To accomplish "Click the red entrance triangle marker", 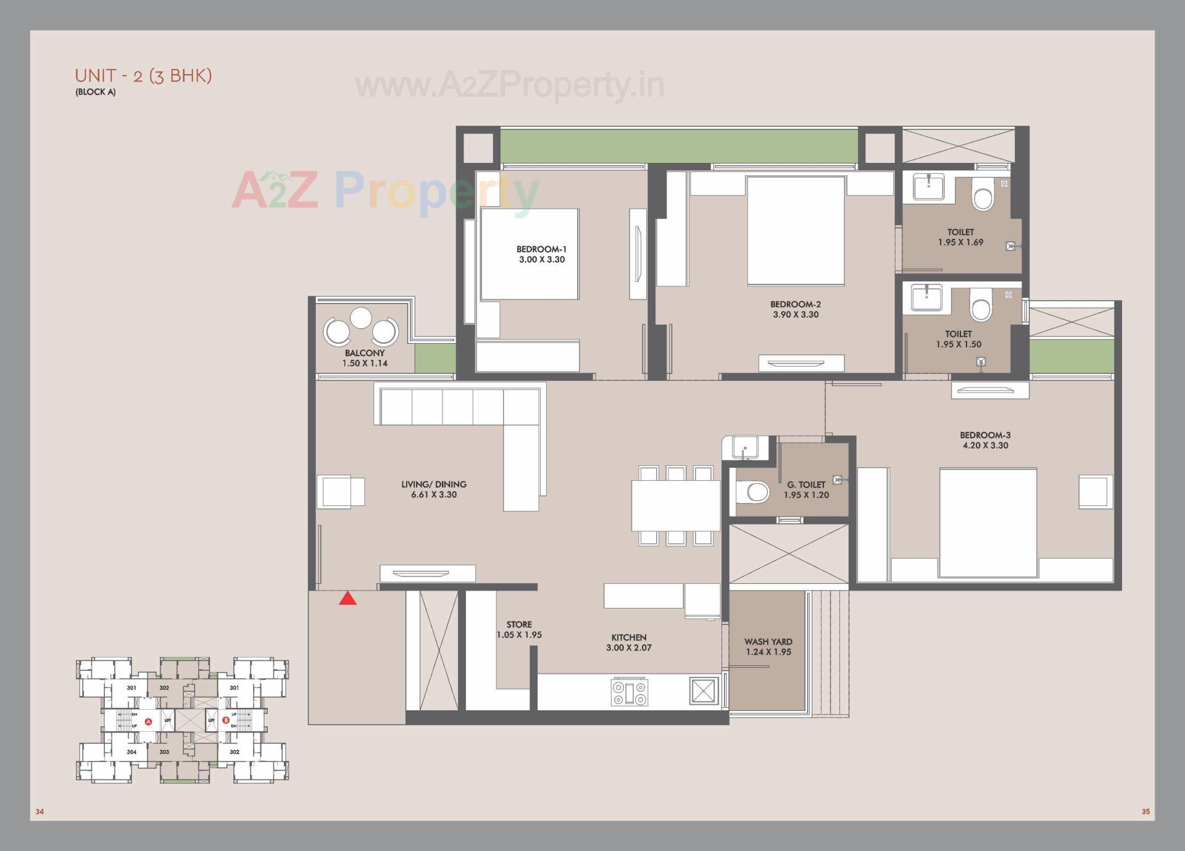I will tap(347, 599).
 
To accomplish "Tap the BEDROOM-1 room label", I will tap(541, 249).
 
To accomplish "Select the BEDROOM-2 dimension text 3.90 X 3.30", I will tap(796, 315).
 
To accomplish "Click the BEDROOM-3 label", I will tap(985, 435).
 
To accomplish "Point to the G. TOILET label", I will tap(806, 485).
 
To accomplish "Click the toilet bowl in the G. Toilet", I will tap(754, 492).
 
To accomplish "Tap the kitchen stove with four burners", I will tap(629, 692).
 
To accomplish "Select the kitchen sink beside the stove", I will tap(703, 691).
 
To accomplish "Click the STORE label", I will tap(519, 625).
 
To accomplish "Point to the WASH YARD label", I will tap(768, 642).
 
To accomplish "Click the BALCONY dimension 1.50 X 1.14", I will tap(365, 363).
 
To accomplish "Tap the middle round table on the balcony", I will tap(361, 318).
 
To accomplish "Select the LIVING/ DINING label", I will tap(433, 484).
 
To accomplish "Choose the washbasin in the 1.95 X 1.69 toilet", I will tap(928, 186).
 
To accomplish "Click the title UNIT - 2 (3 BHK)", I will tap(143, 76).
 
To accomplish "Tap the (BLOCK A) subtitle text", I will tap(96, 93).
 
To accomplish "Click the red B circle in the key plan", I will tap(226, 720).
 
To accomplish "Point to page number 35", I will tap(1145, 812).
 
